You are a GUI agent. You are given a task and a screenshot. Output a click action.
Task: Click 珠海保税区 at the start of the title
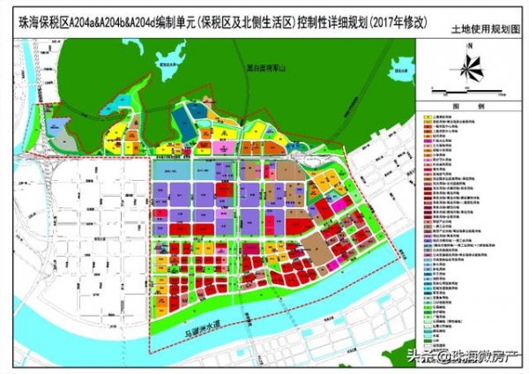[41, 11]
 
